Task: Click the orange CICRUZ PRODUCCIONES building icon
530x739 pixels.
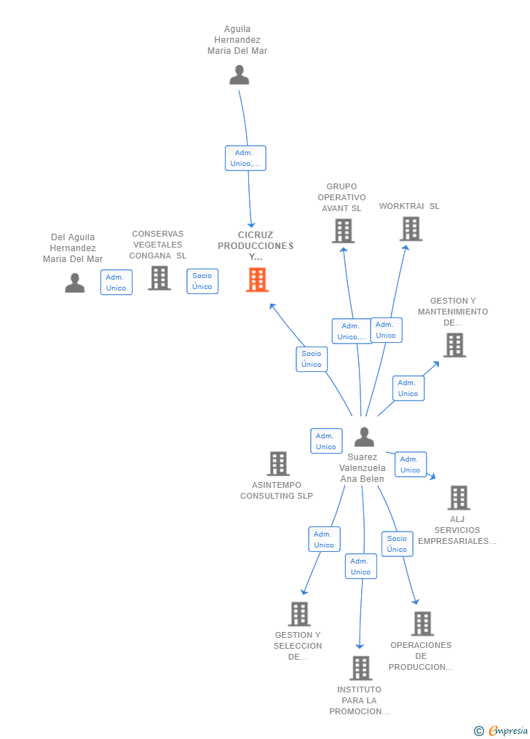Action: coord(257,280)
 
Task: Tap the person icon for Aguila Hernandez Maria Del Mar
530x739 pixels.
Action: coord(240,75)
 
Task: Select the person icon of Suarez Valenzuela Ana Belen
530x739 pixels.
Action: coord(364,437)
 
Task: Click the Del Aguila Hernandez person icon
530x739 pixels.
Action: coord(75,282)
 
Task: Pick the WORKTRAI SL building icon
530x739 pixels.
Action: coord(411,229)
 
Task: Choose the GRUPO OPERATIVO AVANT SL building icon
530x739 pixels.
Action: coord(344,232)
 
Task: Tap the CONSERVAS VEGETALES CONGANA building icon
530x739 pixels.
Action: coord(159,278)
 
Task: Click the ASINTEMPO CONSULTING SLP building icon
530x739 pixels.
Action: coord(278,463)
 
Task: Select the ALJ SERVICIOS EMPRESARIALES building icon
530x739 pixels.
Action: coord(459,498)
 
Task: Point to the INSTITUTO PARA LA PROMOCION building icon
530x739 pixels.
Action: coord(361,668)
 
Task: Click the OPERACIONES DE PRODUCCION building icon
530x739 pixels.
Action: coord(422,623)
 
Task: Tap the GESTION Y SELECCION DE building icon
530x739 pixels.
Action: coord(300,614)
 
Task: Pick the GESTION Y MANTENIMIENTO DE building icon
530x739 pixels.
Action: coord(455,345)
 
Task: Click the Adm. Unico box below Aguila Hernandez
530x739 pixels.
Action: coord(245,158)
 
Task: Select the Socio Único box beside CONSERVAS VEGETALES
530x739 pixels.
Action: coord(202,281)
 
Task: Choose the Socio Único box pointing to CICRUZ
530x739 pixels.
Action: coord(312,359)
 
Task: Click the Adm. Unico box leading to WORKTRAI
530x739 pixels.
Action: coord(386,330)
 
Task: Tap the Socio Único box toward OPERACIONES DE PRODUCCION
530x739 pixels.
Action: coord(397,544)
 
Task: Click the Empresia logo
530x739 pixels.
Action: coord(502,730)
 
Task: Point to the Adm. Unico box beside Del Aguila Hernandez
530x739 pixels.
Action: coord(116,282)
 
